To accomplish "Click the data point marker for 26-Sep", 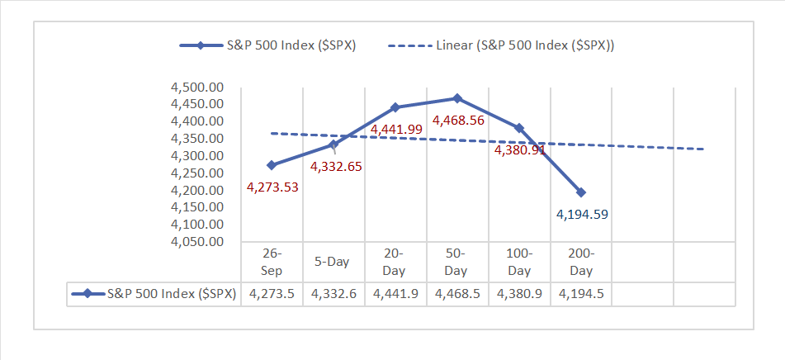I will coord(272,165).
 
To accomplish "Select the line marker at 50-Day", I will coord(457,98).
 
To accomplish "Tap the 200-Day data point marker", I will coord(581,192).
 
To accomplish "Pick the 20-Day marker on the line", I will coord(395,107).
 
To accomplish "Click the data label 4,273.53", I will coord(272,187).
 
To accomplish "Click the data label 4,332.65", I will coord(336,166).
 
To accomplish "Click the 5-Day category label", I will coord(333,262).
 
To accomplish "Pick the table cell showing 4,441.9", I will coord(395,294).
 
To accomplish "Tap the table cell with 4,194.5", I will coord(581,294).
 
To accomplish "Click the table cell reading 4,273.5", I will coord(272,294).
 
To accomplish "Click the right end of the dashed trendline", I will coord(703,149).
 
